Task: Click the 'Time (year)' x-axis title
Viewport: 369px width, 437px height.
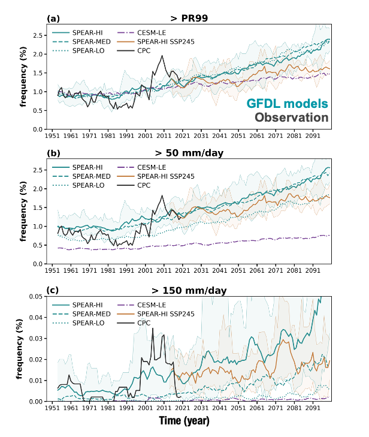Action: (184, 421)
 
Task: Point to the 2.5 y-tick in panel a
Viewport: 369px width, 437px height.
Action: (37, 36)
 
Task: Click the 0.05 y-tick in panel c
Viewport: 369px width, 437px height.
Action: (35, 296)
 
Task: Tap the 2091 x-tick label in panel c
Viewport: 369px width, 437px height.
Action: (312, 408)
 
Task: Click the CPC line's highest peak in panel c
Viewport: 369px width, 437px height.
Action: (152, 328)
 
